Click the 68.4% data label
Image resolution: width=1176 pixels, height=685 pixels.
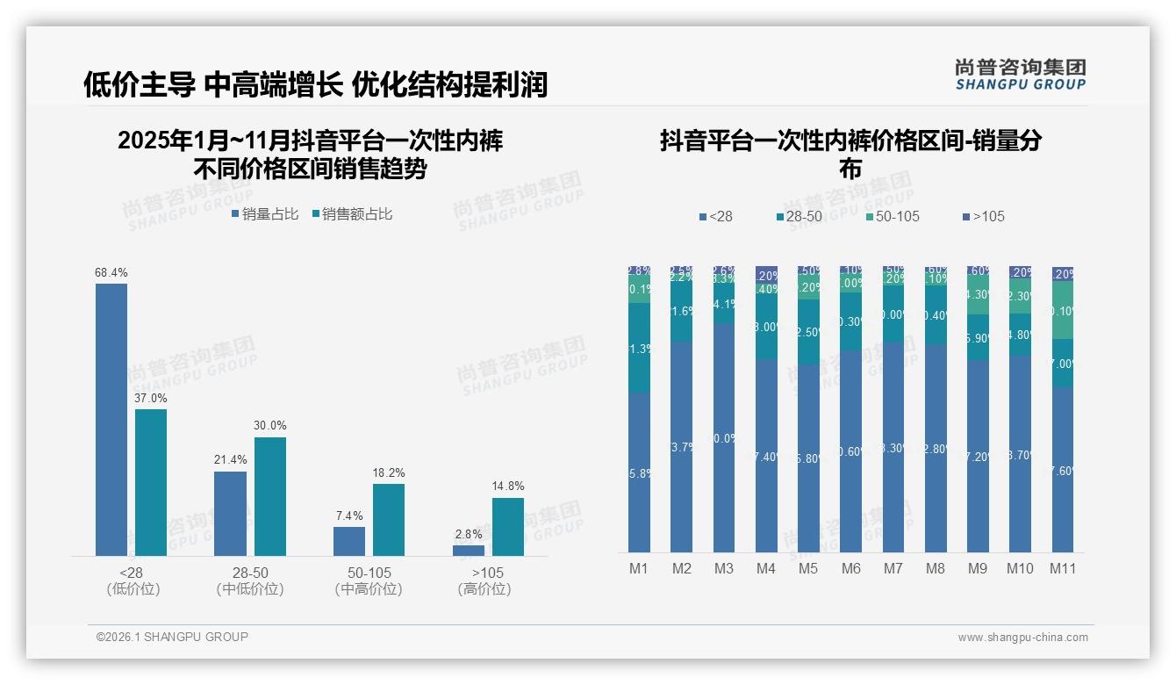tap(111, 273)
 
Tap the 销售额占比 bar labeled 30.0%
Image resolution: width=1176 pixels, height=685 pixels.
tap(270, 496)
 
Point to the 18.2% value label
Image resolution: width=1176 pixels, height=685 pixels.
tap(389, 473)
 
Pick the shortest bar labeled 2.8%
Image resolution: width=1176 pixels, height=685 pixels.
tap(469, 550)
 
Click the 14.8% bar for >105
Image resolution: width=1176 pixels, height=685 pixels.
tap(508, 527)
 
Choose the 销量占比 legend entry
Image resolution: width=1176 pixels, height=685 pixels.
tap(265, 214)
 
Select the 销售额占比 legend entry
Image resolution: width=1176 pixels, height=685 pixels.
tap(352, 214)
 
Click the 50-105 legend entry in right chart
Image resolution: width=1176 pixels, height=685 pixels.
tap(892, 217)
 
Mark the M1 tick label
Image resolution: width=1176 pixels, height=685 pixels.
tap(639, 569)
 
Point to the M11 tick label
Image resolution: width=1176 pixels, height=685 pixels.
tap(1063, 569)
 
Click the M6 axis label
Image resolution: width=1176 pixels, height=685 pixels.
tap(851, 569)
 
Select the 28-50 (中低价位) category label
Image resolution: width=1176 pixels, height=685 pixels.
tap(250, 581)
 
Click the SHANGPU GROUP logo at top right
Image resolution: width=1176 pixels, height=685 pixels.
tap(1020, 75)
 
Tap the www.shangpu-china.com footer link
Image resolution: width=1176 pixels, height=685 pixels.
tap(1022, 638)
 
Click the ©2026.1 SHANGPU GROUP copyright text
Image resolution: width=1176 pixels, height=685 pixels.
tap(172, 637)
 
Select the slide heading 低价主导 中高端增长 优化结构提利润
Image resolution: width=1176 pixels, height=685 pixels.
tap(315, 84)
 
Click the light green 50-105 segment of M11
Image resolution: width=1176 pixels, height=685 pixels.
tap(1063, 310)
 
